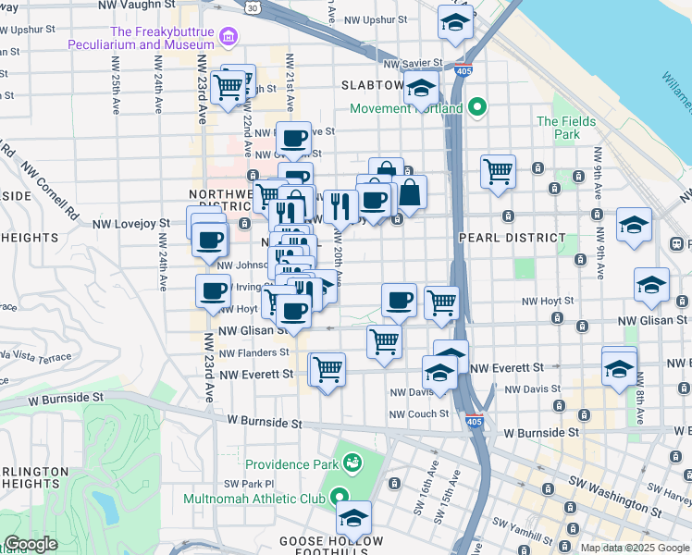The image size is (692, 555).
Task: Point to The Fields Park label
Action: coord(558,128)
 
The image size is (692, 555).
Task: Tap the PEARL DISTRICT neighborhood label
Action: coord(513,238)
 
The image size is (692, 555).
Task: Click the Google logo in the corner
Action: coord(31,544)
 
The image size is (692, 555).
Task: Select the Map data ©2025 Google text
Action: coord(635,548)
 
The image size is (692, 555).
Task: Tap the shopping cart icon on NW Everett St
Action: coord(328,369)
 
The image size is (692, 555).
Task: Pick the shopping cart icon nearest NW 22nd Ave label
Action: coord(228,89)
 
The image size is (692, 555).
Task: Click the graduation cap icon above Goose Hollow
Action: coord(353,517)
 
